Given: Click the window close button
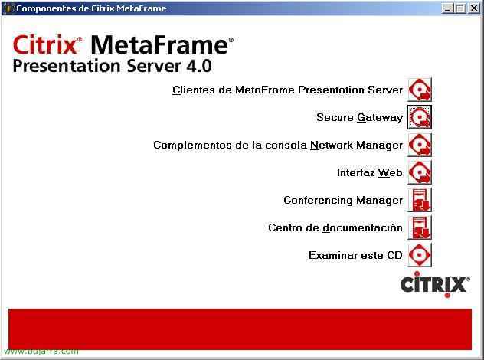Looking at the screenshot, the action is click(x=474, y=8).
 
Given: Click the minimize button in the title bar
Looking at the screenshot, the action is click(x=446, y=8).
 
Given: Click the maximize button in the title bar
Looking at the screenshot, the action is click(x=460, y=8).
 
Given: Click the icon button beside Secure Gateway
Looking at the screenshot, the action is click(x=420, y=117).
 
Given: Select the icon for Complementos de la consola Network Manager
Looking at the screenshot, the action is click(x=420, y=145).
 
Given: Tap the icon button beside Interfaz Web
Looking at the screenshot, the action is click(x=420, y=172).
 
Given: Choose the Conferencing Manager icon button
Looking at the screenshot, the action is click(x=420, y=200).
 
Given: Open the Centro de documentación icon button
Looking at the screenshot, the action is click(x=420, y=227).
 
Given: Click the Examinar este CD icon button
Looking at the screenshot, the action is click(x=420, y=255).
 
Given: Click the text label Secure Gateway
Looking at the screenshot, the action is click(x=360, y=118).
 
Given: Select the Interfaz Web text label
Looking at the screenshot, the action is click(x=370, y=172).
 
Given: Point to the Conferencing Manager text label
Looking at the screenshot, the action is click(x=343, y=201).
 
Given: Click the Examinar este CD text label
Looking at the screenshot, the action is click(x=355, y=255).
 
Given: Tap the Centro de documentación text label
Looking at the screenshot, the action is click(x=335, y=227).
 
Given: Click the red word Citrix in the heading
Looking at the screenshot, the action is click(x=45, y=44).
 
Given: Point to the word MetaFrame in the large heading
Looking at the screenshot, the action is click(x=160, y=44).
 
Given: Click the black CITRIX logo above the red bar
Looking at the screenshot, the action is click(x=435, y=284).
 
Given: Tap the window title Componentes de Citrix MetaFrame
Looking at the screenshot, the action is click(x=91, y=8).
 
